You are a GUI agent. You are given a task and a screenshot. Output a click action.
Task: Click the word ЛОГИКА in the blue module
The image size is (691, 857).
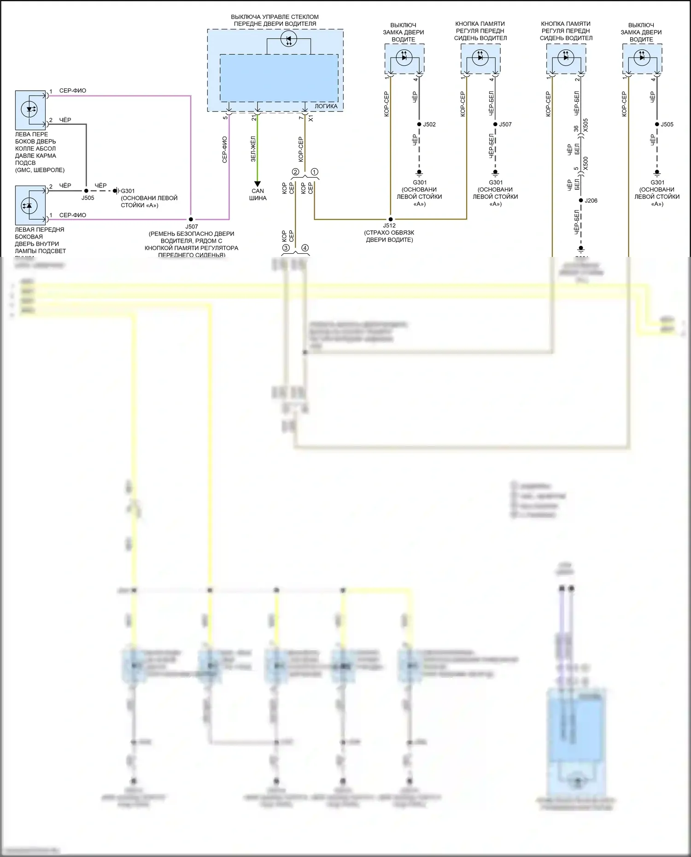[x=326, y=106]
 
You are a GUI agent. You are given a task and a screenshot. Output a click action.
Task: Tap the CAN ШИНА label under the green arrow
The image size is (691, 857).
[x=258, y=194]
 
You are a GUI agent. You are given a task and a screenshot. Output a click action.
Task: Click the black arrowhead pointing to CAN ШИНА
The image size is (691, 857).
[x=258, y=184]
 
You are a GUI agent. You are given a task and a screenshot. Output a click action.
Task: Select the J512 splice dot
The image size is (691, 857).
[x=390, y=219]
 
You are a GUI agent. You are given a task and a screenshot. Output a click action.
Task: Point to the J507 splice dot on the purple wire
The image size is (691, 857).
[x=191, y=220]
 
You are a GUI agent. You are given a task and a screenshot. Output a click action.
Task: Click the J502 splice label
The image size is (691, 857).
[x=429, y=124]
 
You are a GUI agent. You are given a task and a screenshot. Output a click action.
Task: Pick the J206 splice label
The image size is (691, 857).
[x=591, y=200]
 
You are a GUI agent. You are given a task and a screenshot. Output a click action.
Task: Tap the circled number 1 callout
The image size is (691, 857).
[x=314, y=172]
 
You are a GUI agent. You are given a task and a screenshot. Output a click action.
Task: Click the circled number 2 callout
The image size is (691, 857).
[x=295, y=172]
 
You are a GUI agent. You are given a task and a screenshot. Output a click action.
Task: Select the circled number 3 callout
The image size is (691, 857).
[x=286, y=248]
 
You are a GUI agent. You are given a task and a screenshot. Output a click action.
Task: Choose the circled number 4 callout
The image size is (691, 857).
[x=305, y=248]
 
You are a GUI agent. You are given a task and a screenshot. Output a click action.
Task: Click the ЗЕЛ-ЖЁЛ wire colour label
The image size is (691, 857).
[x=253, y=149]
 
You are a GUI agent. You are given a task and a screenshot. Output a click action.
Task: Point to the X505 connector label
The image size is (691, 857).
[x=586, y=126]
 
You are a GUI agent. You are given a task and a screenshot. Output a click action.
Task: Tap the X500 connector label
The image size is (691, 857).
[x=586, y=163]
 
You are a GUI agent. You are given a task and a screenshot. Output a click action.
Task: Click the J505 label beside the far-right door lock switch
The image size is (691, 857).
[x=667, y=124]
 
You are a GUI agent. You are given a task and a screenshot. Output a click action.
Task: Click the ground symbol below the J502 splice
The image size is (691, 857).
[x=419, y=173]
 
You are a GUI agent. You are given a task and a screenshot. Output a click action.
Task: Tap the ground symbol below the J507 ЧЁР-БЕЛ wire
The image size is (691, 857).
[x=495, y=173]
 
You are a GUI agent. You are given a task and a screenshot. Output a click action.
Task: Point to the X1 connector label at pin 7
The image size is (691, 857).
[x=311, y=118]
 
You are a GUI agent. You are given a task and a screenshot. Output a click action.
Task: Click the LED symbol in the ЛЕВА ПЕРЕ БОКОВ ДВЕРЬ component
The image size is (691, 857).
[x=30, y=110]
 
